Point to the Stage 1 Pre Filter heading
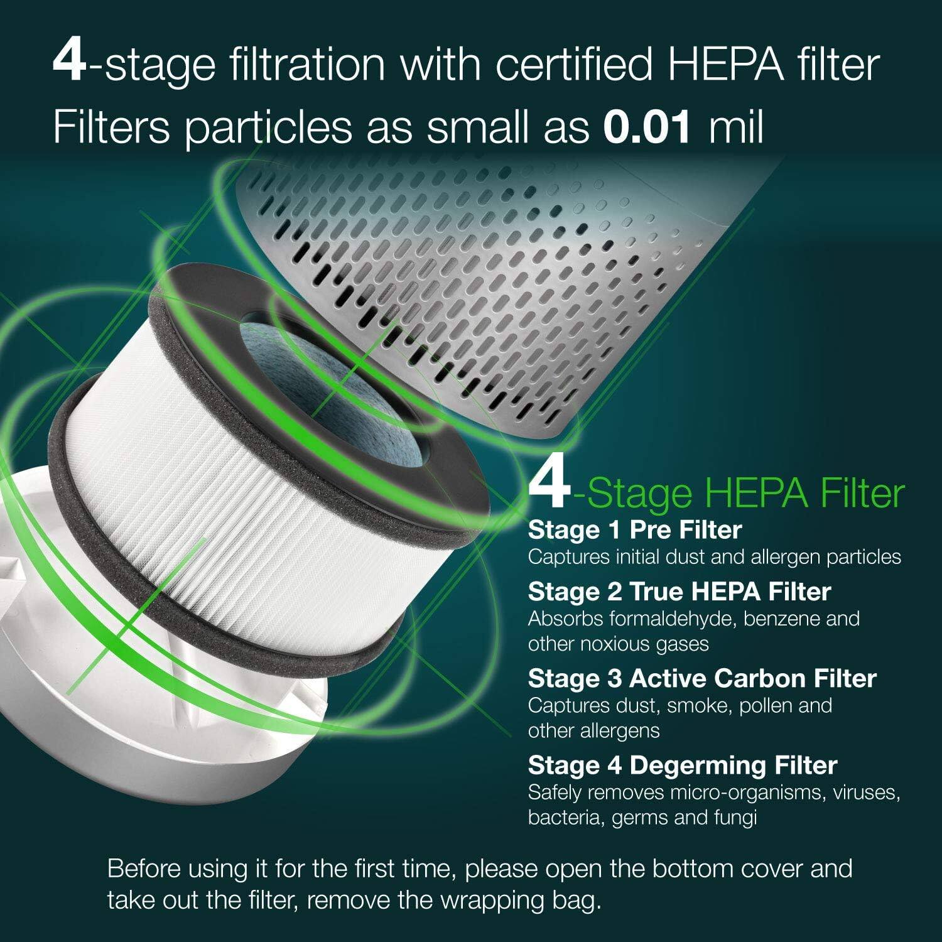[634, 531]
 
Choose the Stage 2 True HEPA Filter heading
[679, 592]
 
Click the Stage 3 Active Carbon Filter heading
[702, 678]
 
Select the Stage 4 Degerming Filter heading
[683, 766]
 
